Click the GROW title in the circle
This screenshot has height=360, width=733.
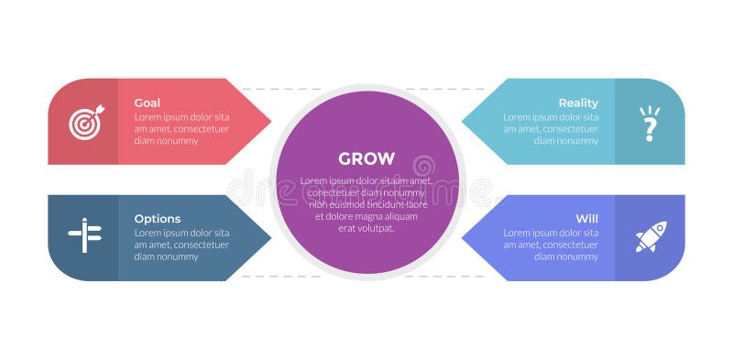pyautogui.click(x=366, y=158)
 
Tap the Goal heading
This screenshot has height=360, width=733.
pyautogui.click(x=148, y=103)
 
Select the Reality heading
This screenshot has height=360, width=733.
pyautogui.click(x=578, y=103)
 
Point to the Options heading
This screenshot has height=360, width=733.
pyautogui.click(x=158, y=219)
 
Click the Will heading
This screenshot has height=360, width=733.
pyautogui.click(x=587, y=219)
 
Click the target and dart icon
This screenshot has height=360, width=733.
pyautogui.click(x=85, y=123)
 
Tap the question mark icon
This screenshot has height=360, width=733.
pyautogui.click(x=650, y=124)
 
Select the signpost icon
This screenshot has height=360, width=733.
pyautogui.click(x=84, y=236)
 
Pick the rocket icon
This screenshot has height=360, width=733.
pyautogui.click(x=651, y=236)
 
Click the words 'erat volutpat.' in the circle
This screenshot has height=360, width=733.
pyautogui.click(x=366, y=228)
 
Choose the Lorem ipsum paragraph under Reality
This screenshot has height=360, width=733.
pyautogui.click(x=551, y=129)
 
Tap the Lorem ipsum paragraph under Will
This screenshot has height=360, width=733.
pyautogui.click(x=551, y=245)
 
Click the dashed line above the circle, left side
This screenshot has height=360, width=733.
pyautogui.click(x=275, y=89)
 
